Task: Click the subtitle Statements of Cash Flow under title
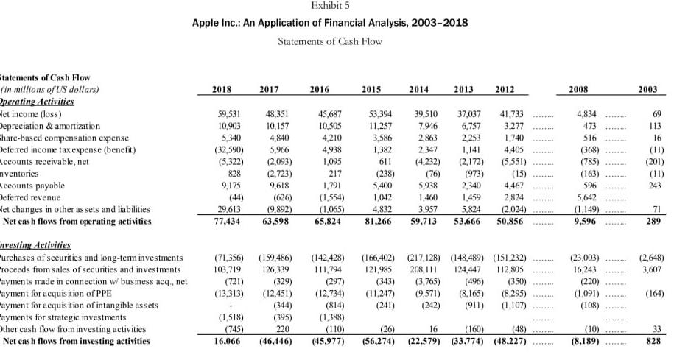[330, 41]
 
